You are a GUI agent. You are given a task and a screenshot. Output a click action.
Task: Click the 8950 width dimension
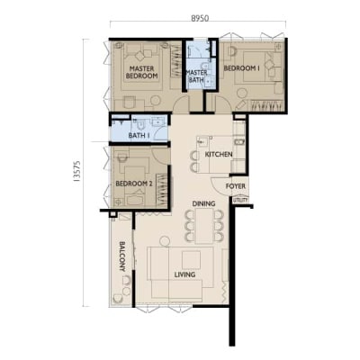[200, 18]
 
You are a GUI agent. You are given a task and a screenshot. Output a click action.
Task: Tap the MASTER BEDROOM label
[142, 72]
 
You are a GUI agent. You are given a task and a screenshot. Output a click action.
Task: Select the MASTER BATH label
[197, 76]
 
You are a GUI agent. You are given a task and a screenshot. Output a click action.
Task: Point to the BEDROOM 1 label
[242, 68]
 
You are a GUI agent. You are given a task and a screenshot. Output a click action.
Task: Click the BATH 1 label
[139, 136]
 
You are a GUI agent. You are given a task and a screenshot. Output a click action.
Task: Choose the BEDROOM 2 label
[134, 184]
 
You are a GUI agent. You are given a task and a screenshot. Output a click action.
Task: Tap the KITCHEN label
[219, 155]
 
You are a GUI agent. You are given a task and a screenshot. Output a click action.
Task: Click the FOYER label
[236, 186]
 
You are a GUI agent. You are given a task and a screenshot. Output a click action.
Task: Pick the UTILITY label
[240, 200]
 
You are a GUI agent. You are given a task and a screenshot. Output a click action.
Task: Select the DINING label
[203, 203]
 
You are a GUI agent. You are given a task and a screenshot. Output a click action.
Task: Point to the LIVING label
[185, 274]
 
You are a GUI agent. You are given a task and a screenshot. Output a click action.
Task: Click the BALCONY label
[122, 256]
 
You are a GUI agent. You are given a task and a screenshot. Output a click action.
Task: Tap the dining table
[204, 226]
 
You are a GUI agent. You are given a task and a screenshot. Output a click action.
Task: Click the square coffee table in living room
[191, 260]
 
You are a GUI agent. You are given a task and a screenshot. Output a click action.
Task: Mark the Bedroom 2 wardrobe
[161, 190]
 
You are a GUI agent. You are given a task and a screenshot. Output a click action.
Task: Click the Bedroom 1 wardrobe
[267, 105]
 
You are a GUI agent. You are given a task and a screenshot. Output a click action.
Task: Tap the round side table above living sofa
[165, 241]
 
